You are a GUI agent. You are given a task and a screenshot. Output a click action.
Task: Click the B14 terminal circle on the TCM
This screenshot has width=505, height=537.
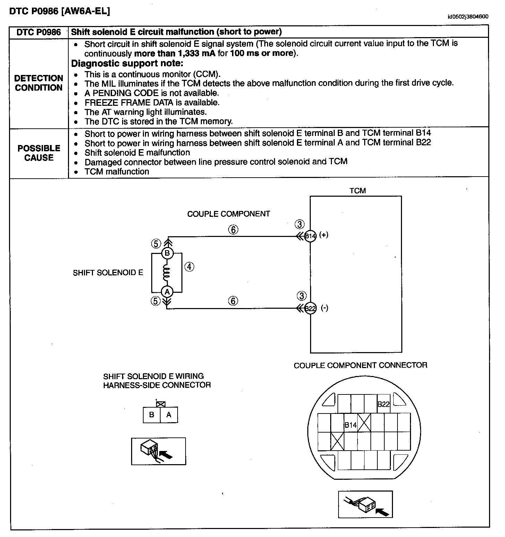click(x=310, y=236)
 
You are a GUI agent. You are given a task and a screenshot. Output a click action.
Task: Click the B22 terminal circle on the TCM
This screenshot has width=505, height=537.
click(x=310, y=308)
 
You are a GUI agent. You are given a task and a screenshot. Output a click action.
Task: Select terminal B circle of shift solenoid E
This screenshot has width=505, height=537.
click(x=167, y=253)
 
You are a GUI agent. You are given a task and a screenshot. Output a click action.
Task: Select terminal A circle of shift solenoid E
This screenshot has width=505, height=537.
click(x=167, y=292)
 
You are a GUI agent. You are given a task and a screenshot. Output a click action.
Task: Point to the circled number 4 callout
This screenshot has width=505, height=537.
click(x=189, y=267)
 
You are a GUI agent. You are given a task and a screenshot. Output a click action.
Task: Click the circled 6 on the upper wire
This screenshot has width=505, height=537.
click(x=233, y=229)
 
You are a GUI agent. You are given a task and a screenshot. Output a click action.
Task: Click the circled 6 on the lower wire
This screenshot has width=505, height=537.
click(x=233, y=301)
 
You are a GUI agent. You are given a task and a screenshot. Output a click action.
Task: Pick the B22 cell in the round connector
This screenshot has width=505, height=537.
click(x=384, y=404)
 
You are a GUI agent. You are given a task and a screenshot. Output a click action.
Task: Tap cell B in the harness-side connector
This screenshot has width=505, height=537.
click(x=152, y=415)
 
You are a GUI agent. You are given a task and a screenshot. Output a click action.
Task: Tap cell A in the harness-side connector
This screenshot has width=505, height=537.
click(x=169, y=415)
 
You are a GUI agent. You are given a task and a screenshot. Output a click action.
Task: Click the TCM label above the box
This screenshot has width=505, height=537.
click(x=358, y=190)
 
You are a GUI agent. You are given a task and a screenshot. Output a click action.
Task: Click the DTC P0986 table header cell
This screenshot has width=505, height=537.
click(x=39, y=32)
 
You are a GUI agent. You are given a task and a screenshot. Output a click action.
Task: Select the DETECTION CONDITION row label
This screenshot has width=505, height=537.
click(x=39, y=83)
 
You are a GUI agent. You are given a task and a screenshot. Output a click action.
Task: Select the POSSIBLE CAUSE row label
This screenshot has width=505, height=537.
click(x=39, y=153)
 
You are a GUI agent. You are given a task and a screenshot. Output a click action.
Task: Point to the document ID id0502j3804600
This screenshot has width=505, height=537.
click(x=468, y=16)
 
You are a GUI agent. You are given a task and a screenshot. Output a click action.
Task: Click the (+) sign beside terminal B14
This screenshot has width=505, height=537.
click(x=324, y=235)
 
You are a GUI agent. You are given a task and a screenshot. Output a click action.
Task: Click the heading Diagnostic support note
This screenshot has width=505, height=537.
click(x=127, y=63)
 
